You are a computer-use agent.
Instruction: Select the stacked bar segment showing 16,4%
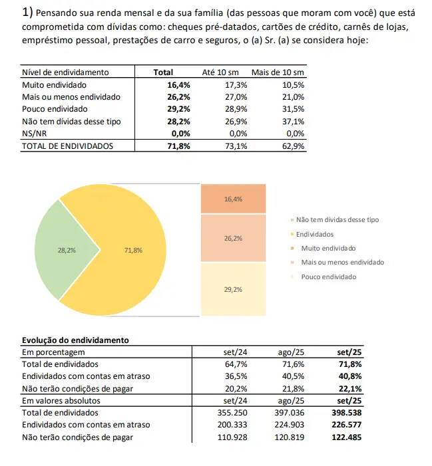tap(233, 199)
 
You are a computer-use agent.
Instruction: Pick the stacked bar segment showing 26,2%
tap(233, 238)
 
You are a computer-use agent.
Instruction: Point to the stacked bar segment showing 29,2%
tap(233, 290)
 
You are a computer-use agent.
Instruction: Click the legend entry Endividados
tap(314, 234)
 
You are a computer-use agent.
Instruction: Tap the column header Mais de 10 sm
tap(278, 72)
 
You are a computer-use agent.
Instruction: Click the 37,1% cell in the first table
tap(293, 122)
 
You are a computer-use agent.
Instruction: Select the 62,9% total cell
tap(293, 146)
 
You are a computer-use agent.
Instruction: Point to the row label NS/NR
tap(33, 134)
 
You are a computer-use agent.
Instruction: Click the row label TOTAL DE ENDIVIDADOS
tap(67, 146)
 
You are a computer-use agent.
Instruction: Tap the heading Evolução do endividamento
tap(75, 340)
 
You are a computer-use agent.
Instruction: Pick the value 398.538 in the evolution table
tap(347, 413)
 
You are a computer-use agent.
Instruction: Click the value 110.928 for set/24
tap(232, 437)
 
